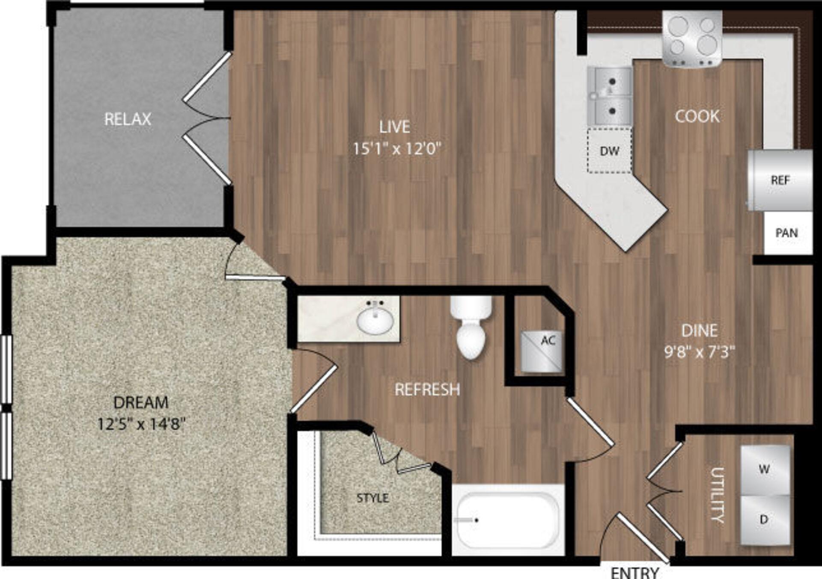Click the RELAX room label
pos(128,119)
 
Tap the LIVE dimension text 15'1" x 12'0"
pos(396,149)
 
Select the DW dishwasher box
pos(609,151)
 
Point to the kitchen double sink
pos(610,96)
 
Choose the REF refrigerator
pos(780,180)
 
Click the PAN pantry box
pos(787,233)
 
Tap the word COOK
pos(697,116)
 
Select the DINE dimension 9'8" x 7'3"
pos(699,352)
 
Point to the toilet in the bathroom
pos(471,328)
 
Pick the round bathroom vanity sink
pos(375,320)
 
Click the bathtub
pos(508,520)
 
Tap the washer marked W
pos(765,470)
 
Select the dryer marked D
pos(765,520)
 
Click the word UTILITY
pos(718,495)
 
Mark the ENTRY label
pos(634,573)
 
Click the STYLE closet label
pos(373,498)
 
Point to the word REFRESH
pos(427,389)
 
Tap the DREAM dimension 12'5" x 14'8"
pos(141,424)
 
